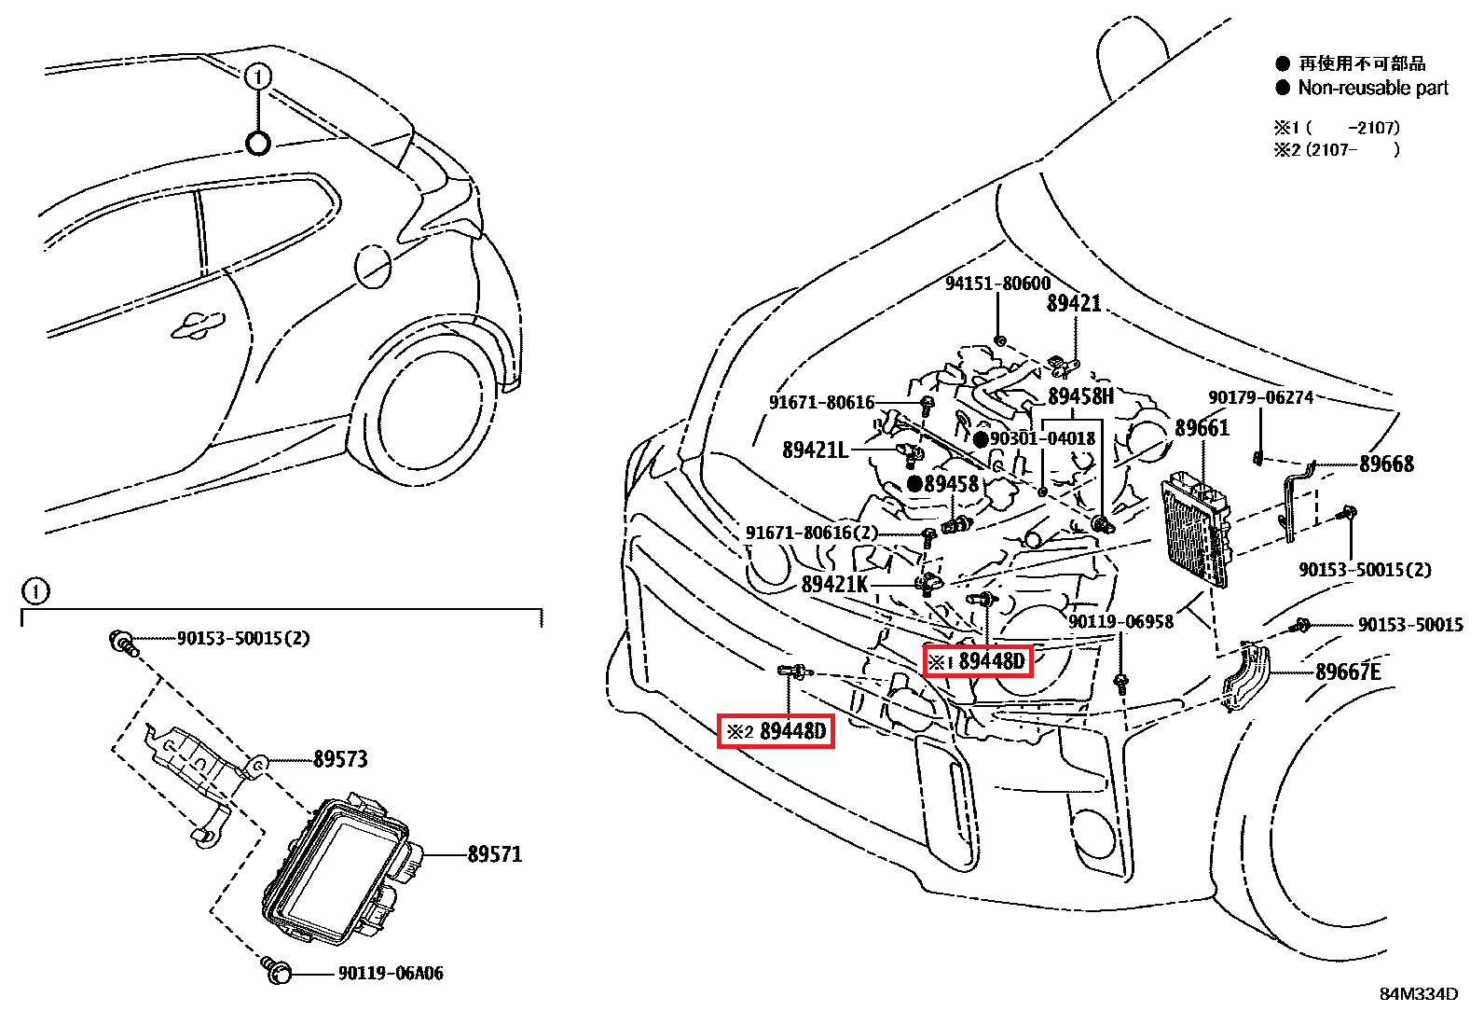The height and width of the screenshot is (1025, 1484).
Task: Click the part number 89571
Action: [494, 854]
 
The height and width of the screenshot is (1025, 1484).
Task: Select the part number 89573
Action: [340, 759]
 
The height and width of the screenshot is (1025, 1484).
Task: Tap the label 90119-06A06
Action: [390, 974]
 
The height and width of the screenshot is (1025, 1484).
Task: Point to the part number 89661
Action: [1202, 428]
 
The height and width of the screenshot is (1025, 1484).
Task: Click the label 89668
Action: [1386, 464]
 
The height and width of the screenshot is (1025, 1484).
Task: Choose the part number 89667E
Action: [1348, 672]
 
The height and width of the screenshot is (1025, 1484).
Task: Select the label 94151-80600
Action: [997, 284]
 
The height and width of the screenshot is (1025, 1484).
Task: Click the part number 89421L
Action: [815, 450]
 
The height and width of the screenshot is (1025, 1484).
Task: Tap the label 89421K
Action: [834, 584]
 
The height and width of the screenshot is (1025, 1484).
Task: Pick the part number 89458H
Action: [1080, 396]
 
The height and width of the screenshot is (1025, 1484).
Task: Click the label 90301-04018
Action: [1042, 438]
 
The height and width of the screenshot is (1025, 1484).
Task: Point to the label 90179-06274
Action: [1260, 398]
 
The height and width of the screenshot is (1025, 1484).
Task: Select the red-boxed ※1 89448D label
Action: [978, 661]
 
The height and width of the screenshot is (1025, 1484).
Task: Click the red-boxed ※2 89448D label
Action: [776, 731]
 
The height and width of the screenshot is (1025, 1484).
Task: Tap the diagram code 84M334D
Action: [1419, 994]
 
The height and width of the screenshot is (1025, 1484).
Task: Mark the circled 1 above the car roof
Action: [258, 76]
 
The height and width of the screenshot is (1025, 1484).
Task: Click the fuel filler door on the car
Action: [373, 265]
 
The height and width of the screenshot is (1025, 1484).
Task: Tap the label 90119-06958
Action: [1120, 622]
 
